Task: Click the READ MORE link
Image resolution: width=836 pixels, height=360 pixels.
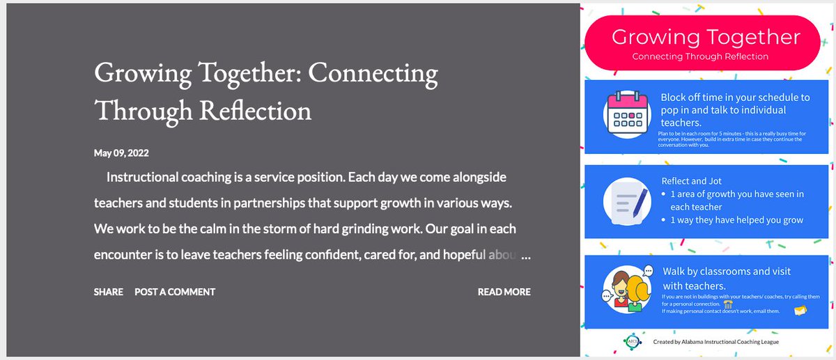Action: [x=504, y=292]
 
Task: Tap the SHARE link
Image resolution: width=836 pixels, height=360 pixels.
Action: [x=109, y=292]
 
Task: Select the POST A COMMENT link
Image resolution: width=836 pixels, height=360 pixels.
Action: [x=175, y=292]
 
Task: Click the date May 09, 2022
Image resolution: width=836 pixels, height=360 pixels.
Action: [x=121, y=152]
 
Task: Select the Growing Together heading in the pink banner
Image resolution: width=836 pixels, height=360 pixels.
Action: [x=706, y=37]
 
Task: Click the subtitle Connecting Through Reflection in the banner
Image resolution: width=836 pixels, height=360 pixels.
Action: [x=700, y=56]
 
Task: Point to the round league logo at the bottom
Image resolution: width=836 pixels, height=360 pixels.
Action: [x=631, y=342]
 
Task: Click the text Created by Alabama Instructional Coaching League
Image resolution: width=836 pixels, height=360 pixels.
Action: [x=716, y=342]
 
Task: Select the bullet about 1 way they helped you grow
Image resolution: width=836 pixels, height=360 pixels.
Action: [x=736, y=220]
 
